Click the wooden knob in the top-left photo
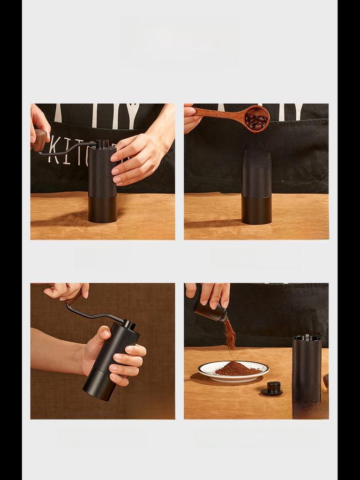pyautogui.click(x=39, y=140)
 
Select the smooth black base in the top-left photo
pyautogui.click(x=102, y=210)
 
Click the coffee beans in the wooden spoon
pyautogui.click(x=256, y=121)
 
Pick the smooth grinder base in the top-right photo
pyautogui.click(x=256, y=210)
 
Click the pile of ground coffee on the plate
pyautogui.click(x=237, y=369)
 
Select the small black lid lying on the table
pyautogui.click(x=272, y=388)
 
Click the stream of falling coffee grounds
pyautogui.click(x=230, y=335)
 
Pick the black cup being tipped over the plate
pyautogui.click(x=210, y=311)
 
